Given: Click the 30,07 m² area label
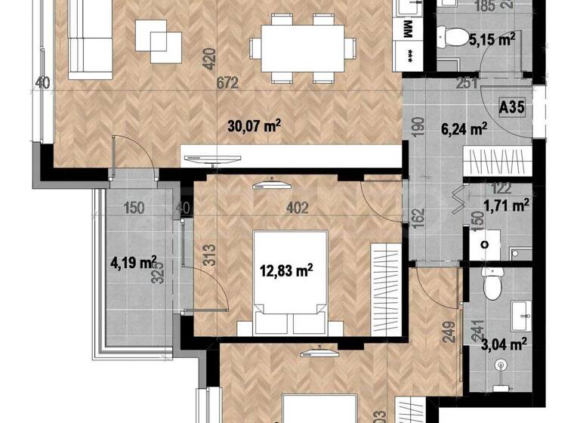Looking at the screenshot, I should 254,126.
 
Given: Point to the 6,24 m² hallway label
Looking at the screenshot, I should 462,129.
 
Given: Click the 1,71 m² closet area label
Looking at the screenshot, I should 505,204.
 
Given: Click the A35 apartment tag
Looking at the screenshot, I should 513,108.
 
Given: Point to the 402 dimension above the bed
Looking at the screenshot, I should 298,208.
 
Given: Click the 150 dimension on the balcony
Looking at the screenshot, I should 134,208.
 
